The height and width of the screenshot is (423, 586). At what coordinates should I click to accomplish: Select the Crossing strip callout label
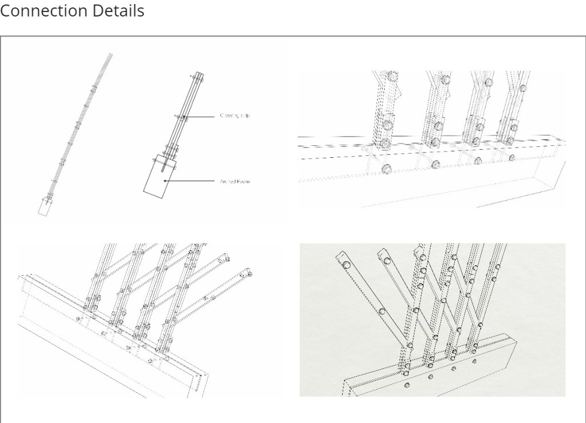point(235,115)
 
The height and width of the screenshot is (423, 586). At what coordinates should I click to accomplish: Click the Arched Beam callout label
point(235,181)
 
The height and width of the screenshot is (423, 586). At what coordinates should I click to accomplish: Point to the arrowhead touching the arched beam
point(165,181)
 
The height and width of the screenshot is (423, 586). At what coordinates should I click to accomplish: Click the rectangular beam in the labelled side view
point(156,174)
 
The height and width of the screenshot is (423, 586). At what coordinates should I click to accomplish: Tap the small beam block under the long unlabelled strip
point(43,207)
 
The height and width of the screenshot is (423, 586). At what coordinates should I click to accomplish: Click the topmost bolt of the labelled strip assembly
point(198,74)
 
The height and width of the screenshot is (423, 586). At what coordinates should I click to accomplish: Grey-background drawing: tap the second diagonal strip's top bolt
point(387,260)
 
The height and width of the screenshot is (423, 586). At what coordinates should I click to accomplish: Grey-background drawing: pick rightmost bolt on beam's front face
point(473,361)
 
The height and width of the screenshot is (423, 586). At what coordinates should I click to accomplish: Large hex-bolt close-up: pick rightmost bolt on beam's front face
point(511,157)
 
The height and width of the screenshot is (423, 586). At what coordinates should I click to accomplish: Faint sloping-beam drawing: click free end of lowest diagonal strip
point(250,276)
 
